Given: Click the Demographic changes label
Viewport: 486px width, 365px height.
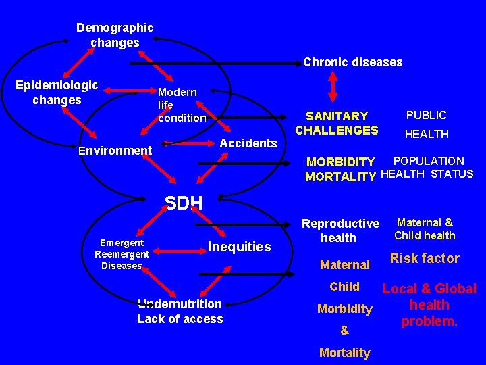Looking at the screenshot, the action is coord(115,35).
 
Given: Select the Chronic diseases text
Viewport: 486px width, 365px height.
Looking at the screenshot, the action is coord(352,62).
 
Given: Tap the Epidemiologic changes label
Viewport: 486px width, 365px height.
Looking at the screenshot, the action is coord(57,93).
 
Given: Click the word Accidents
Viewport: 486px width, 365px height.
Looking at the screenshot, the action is coord(248,143).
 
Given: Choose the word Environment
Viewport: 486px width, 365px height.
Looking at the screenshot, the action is coord(115,150).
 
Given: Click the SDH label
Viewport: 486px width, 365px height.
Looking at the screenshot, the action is coord(184,202).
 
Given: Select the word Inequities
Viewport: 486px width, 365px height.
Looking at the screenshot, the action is coord(240,247).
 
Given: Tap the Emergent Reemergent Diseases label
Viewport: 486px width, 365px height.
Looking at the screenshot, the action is coord(122,253).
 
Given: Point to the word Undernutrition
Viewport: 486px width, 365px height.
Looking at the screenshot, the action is coord(180,304).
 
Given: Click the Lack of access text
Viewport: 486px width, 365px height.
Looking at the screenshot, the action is coord(180,319).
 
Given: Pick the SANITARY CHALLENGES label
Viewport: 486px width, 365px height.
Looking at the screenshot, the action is coord(337,123).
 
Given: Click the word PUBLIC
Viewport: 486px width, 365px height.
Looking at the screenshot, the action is coord(426,115).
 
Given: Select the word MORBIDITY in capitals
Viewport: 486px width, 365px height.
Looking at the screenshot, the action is coord(340,162).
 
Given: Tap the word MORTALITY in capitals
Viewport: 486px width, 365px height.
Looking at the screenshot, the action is coord(340,177).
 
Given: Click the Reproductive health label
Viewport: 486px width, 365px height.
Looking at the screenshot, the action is coord(340,230).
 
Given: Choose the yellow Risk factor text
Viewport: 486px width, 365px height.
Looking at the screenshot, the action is coord(425,258).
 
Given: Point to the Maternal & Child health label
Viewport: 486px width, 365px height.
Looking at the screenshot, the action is coord(425,228).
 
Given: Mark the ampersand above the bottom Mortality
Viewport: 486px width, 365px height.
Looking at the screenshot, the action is coord(344,331).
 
